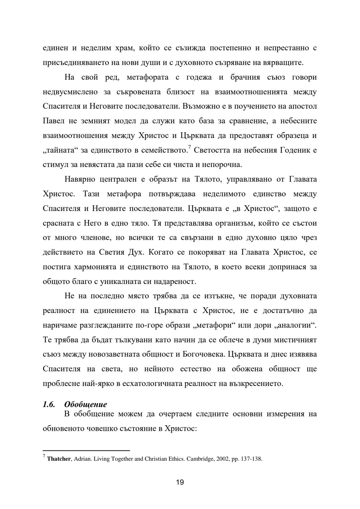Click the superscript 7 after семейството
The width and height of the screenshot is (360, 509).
tap(189, 147)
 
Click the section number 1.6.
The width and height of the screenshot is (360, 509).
tap(49, 404)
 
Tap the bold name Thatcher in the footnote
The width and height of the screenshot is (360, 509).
tap(59, 459)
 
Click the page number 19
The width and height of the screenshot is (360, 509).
tap(180, 482)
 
